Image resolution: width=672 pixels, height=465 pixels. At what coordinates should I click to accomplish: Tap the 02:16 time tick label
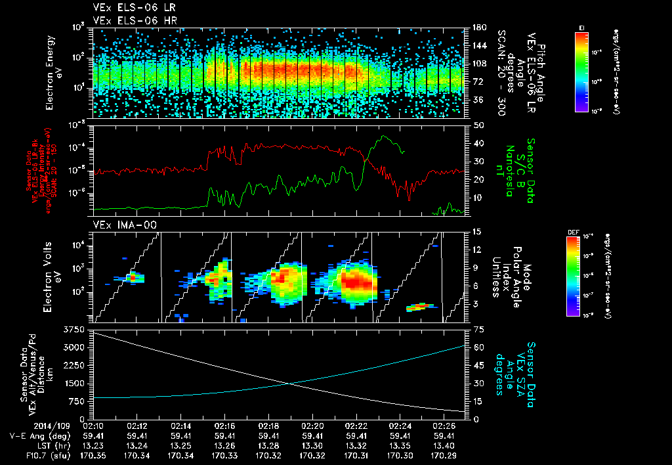coord(225,425)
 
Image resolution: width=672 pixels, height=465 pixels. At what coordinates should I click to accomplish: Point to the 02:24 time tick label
coord(400,425)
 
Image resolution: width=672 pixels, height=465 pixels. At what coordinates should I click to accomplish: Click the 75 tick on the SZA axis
coord(478,328)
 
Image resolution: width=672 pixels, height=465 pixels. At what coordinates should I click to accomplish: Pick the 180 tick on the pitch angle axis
coord(478,28)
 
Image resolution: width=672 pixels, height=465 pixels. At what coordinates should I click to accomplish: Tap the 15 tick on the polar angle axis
coord(476,231)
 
